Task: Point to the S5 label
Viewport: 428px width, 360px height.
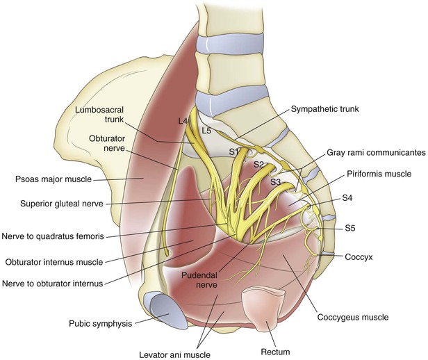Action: (352, 228)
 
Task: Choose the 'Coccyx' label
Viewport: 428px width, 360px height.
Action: (360, 256)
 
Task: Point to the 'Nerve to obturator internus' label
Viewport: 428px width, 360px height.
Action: (58, 283)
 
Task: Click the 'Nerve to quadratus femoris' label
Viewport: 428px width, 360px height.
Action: (53, 236)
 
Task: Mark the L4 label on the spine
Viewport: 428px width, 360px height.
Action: (183, 122)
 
